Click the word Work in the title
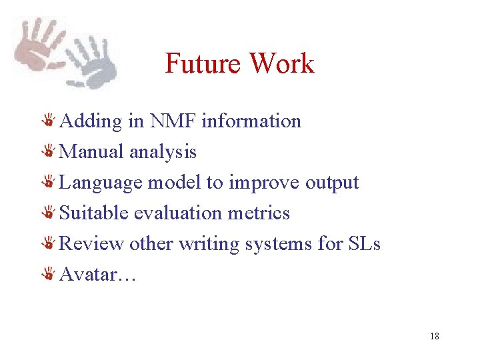pyautogui.click(x=281, y=64)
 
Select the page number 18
pyautogui.click(x=435, y=336)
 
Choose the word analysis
pyautogui.click(x=163, y=152)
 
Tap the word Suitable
pyautogui.click(x=94, y=213)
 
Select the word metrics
pyautogui.click(x=260, y=213)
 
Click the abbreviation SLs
pyautogui.click(x=364, y=244)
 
